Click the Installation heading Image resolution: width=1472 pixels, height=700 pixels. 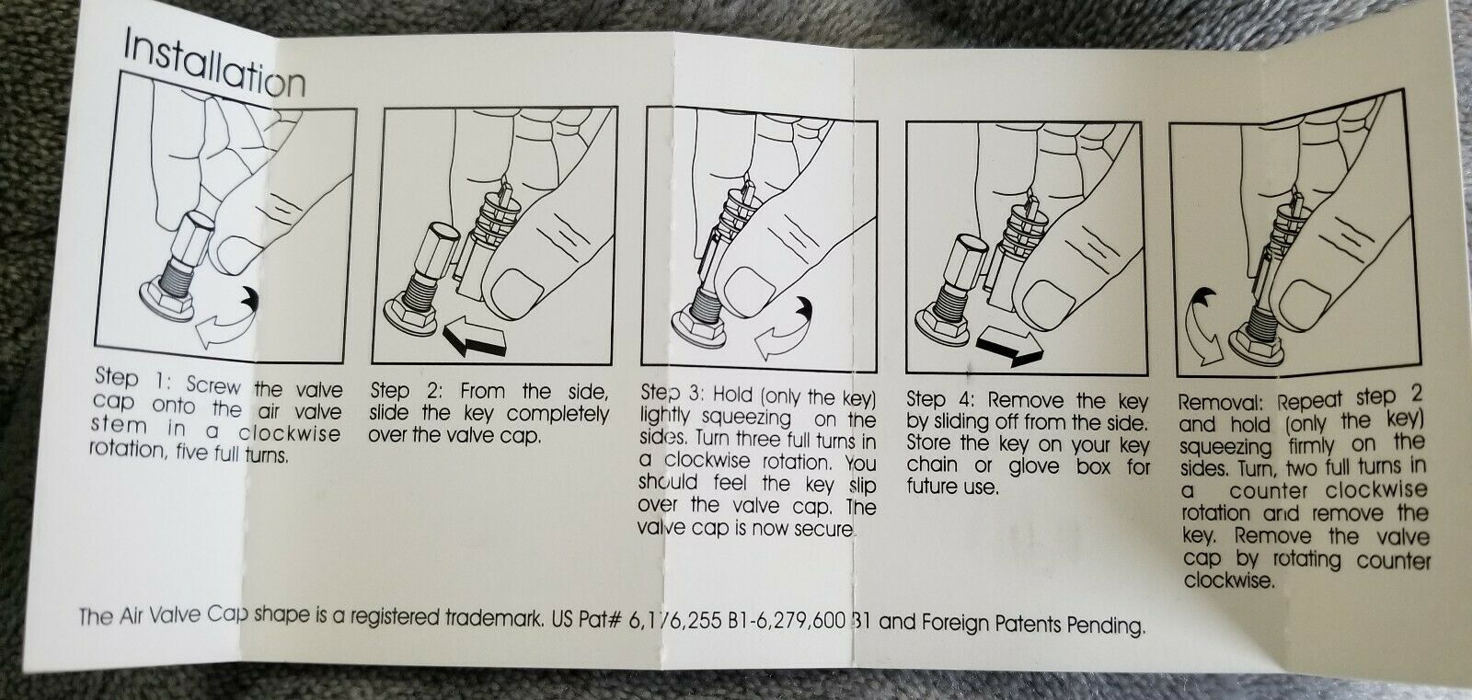(x=214, y=64)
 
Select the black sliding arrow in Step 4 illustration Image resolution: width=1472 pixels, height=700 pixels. (x=1009, y=346)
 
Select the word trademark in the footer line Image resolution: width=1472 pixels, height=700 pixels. (x=494, y=619)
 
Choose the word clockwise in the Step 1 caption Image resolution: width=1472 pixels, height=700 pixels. (x=289, y=434)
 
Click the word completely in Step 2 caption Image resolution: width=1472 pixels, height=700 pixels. (x=558, y=415)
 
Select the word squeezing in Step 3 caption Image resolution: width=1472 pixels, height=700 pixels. (x=746, y=418)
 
